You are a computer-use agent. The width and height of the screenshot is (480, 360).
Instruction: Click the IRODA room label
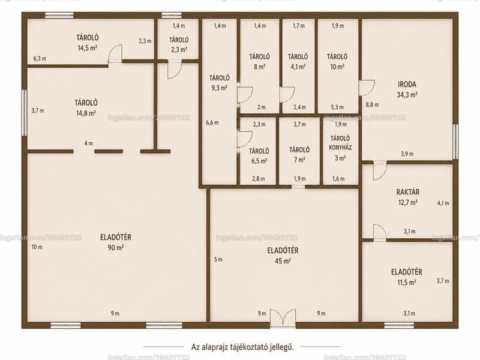click(407, 84)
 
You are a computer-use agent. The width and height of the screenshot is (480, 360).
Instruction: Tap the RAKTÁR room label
click(408, 192)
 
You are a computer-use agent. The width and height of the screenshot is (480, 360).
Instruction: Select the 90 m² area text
click(116, 248)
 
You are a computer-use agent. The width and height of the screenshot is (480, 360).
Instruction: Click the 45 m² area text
click(283, 261)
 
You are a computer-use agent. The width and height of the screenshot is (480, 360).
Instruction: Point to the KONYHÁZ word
click(340, 148)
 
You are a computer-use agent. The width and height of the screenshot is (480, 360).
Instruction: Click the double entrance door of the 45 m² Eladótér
click(283, 319)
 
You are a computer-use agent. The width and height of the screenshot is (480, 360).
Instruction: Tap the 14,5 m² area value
click(88, 48)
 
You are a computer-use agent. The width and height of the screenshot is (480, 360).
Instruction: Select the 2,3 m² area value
click(179, 49)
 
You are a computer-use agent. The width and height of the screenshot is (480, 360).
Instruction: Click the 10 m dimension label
click(37, 247)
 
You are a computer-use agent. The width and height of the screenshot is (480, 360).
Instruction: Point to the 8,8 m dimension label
click(372, 104)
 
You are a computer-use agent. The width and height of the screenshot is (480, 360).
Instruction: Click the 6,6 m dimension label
click(212, 123)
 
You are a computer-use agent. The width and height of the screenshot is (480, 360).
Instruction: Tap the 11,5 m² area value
click(407, 282)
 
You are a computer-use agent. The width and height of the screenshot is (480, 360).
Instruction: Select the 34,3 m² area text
click(407, 95)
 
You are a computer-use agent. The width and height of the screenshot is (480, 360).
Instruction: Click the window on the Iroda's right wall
click(455, 142)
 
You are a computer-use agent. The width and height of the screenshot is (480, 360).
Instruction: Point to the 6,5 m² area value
click(259, 161)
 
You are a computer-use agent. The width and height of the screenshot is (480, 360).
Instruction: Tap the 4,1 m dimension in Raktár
click(443, 203)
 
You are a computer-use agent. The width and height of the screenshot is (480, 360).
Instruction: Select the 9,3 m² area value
click(219, 88)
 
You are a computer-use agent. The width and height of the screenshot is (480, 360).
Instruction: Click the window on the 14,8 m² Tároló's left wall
click(24, 113)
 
